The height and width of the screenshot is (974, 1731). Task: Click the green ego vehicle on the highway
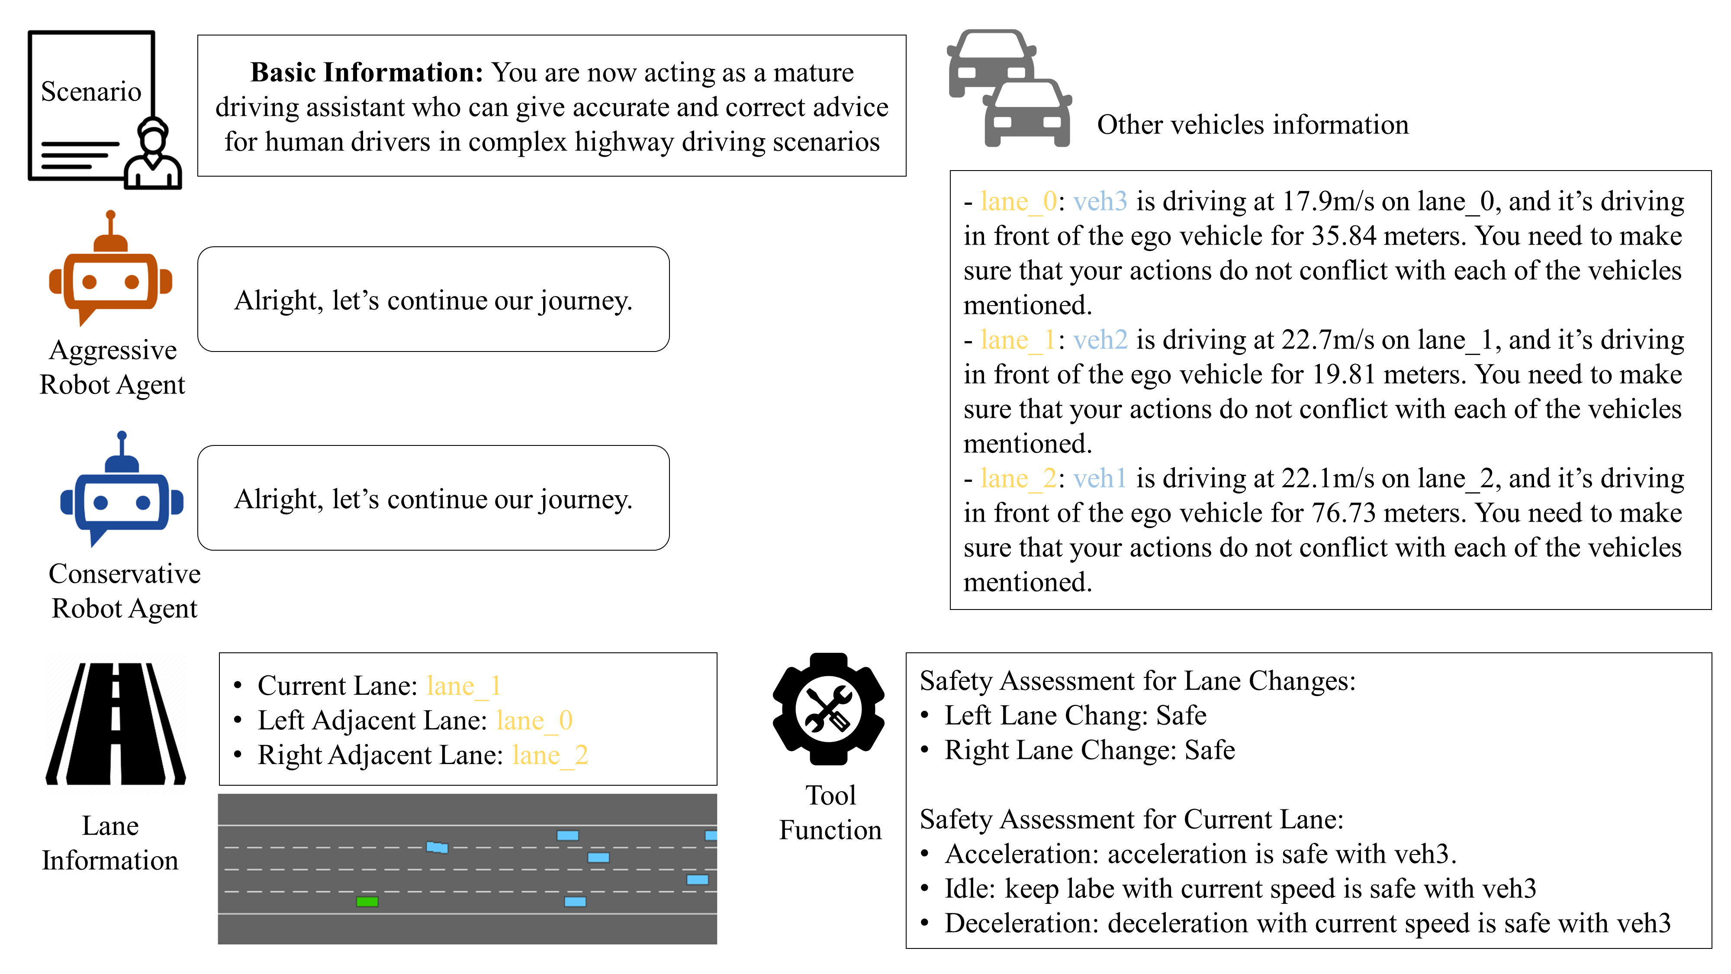click(x=367, y=901)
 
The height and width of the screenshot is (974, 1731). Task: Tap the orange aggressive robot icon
click(x=111, y=276)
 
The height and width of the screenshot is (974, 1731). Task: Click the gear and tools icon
click(x=829, y=709)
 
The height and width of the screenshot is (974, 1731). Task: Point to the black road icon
click(x=116, y=724)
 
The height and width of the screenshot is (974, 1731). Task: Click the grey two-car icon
click(x=1008, y=89)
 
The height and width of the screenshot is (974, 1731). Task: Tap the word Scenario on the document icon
click(x=91, y=91)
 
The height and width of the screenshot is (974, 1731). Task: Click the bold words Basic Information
click(x=366, y=73)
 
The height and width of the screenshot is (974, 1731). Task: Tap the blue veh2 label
click(x=1100, y=340)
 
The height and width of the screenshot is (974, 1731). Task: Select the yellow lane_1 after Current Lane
click(x=463, y=686)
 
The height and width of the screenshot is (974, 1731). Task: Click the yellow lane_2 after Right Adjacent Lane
click(x=550, y=755)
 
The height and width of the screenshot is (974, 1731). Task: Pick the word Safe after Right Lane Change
click(x=1210, y=750)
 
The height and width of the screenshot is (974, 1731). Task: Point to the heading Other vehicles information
click(x=1252, y=125)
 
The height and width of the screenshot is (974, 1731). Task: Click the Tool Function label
click(x=830, y=813)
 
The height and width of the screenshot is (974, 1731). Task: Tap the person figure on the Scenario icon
click(x=154, y=156)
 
